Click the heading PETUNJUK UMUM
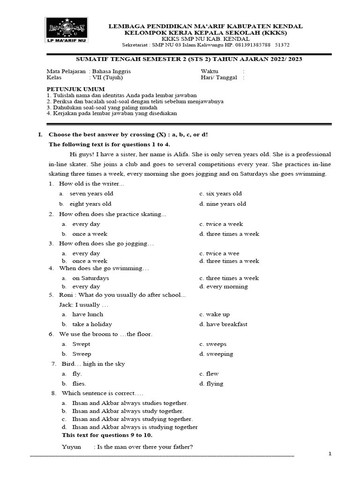pos(75,89)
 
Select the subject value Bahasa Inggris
pos(111,71)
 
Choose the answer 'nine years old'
pos(225,204)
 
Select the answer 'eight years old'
pos(90,204)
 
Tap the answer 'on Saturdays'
pos(90,278)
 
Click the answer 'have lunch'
pos(88,315)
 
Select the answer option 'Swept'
pos(81,344)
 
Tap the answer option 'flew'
pos(212,374)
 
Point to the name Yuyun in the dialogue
pos(71,447)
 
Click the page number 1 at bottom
pos(330,454)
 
